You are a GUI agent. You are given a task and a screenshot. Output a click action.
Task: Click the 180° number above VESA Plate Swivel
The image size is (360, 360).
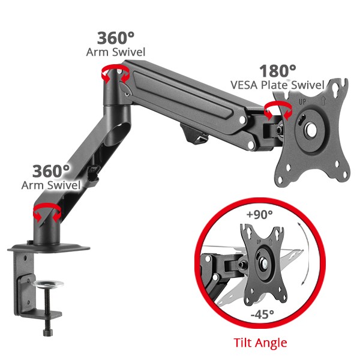[x=278, y=71]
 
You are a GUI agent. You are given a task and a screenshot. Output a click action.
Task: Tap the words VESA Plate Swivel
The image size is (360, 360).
[x=277, y=85]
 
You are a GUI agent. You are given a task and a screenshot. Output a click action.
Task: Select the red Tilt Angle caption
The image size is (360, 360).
[x=260, y=343]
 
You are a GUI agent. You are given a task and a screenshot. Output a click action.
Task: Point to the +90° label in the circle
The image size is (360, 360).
[x=259, y=214]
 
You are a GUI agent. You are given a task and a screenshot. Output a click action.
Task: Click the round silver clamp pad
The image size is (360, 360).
[x=48, y=284]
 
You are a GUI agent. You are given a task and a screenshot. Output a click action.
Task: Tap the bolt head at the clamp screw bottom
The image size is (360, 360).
[x=47, y=332]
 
